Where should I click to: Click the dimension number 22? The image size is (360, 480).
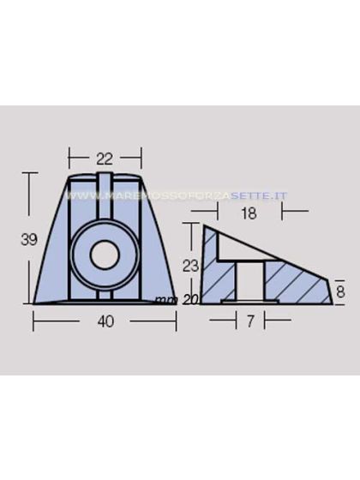[105, 158]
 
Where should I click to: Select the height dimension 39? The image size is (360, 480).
[28, 240]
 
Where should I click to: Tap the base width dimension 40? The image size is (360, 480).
[105, 321]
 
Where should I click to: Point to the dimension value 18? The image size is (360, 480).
[248, 214]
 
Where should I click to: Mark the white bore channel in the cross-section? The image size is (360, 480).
[249, 281]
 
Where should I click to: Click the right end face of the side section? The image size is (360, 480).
[330, 289]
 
